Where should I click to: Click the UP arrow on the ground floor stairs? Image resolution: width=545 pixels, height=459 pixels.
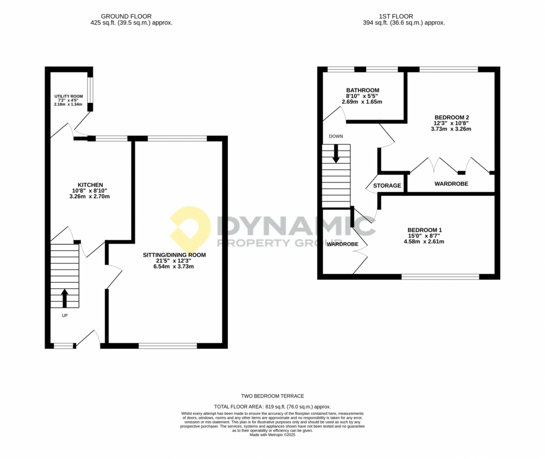(64, 298)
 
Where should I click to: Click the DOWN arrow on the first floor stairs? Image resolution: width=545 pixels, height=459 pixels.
(336, 153)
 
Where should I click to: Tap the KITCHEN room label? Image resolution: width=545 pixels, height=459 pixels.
(90, 185)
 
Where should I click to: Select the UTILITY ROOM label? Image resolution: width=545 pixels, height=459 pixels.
(69, 96)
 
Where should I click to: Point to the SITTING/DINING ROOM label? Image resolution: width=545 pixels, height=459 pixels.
(174, 255)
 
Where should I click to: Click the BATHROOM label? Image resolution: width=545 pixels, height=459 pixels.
(362, 91)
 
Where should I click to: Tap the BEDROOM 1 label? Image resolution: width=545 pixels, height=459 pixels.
(424, 230)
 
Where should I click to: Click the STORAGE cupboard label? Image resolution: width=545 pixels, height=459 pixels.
(387, 186)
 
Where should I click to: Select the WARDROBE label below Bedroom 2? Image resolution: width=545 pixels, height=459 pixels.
(451, 184)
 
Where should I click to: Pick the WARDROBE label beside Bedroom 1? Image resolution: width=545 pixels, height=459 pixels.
(342, 244)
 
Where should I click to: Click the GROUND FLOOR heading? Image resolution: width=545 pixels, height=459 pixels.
(126, 17)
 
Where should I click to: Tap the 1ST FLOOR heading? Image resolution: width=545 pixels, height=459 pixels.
(396, 17)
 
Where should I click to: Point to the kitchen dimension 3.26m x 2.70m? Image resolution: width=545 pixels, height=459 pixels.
(89, 196)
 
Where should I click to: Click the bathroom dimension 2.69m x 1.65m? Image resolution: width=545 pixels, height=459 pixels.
(362, 102)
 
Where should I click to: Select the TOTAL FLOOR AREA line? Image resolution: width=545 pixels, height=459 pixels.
(272, 406)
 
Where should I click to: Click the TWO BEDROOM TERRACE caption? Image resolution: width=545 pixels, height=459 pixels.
(272, 396)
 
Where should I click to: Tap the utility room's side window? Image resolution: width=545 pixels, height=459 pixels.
(90, 90)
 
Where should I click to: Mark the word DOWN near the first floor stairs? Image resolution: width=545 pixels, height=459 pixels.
(336, 136)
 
